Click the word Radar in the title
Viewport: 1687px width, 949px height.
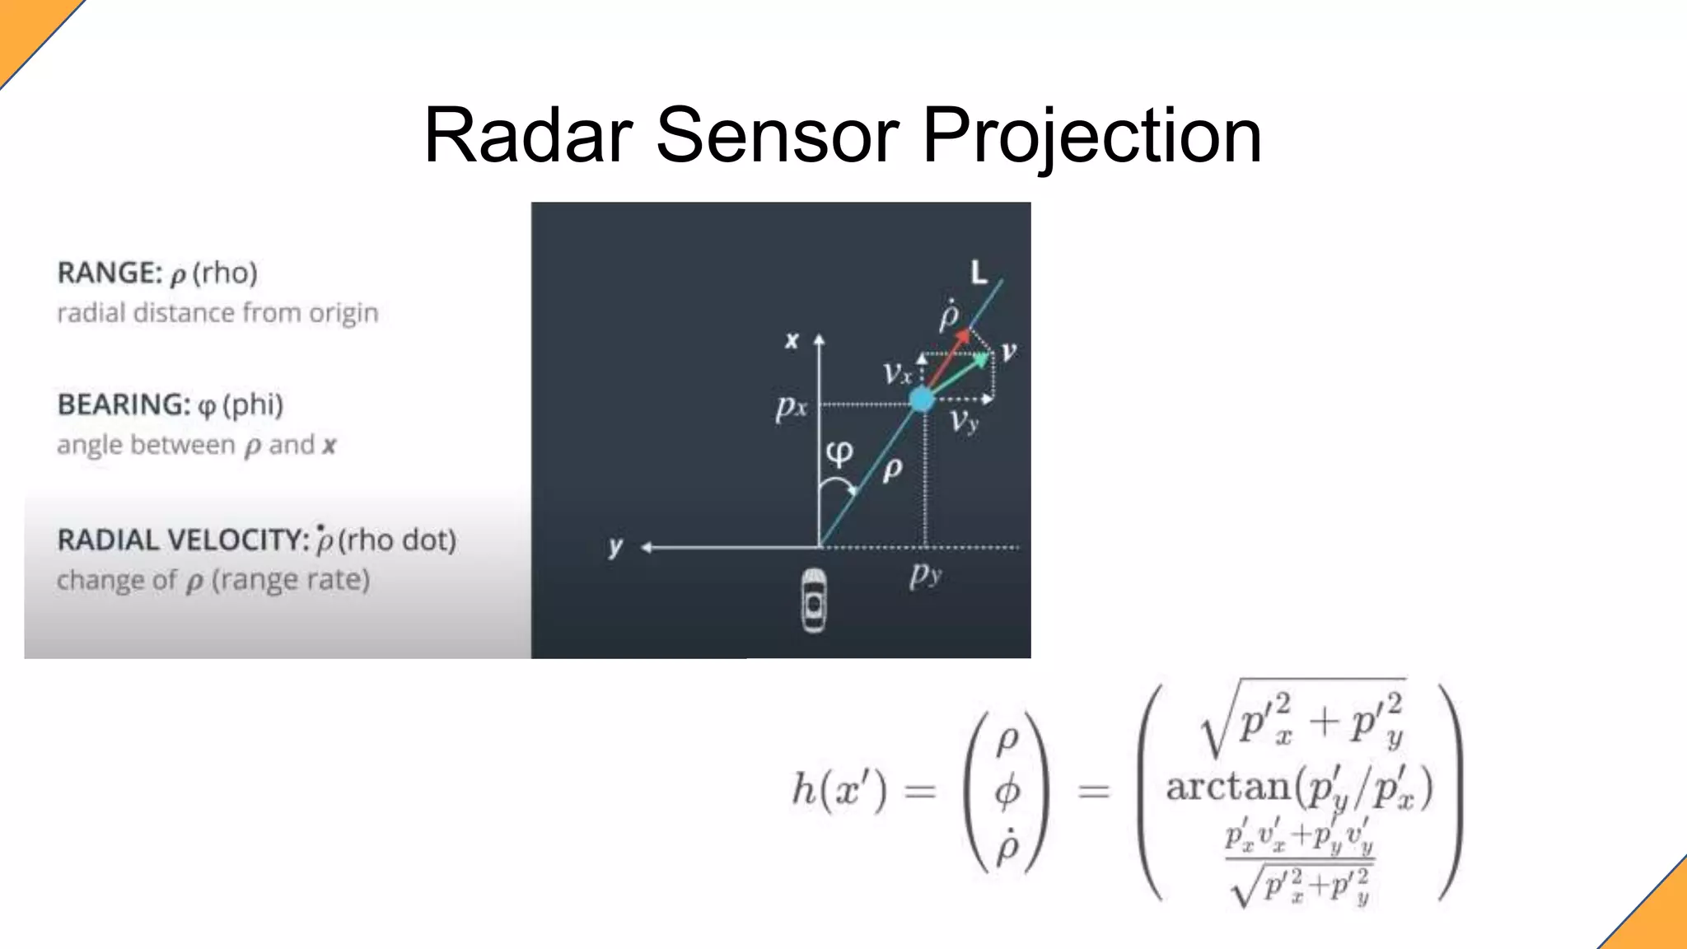point(528,136)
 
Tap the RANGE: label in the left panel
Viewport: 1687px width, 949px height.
point(109,273)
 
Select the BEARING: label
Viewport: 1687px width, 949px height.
point(124,404)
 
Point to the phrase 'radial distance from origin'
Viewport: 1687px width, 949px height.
point(217,313)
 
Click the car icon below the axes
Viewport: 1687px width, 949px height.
point(814,601)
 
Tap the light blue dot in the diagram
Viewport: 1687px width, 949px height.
point(922,400)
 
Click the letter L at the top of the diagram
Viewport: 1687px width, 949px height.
point(978,272)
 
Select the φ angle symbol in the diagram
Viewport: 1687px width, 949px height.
point(839,452)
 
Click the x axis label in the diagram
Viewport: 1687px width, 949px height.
point(792,339)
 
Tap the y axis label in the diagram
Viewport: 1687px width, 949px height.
point(615,546)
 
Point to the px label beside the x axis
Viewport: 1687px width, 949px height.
point(791,406)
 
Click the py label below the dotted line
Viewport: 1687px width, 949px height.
point(925,574)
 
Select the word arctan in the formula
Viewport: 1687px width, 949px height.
point(1227,786)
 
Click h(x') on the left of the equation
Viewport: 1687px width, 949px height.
point(839,790)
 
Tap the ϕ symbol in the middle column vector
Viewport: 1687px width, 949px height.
point(1007,792)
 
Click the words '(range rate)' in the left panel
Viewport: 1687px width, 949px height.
point(291,580)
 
